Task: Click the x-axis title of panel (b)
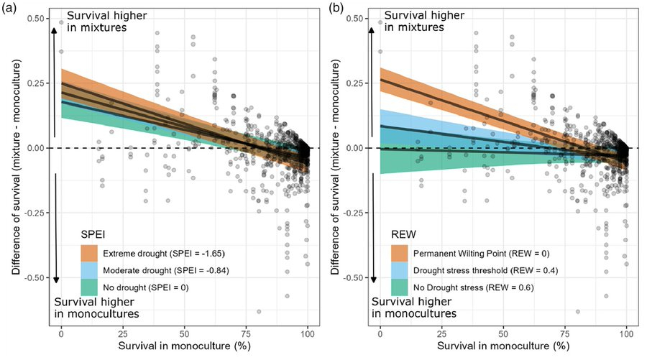pyautogui.click(x=503, y=349)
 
